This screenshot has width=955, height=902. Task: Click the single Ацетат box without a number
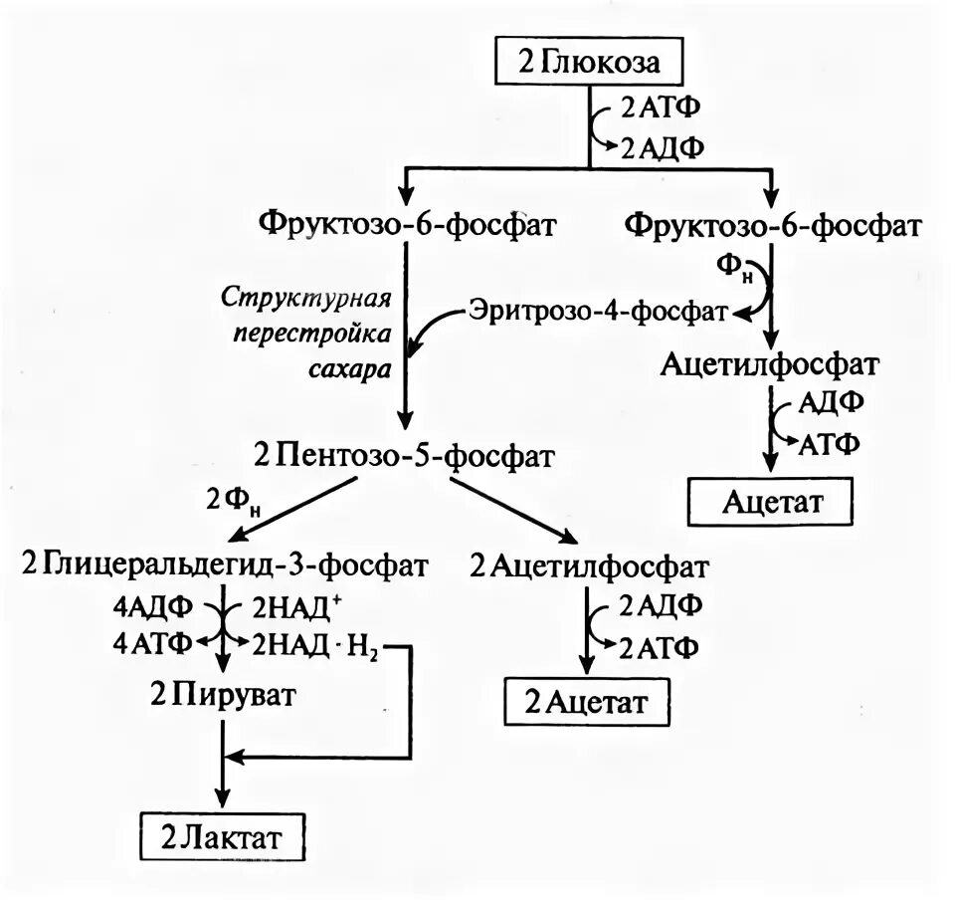(771, 500)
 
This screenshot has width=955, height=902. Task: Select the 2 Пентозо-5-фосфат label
(404, 457)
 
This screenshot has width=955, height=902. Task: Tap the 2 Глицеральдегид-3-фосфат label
(225, 566)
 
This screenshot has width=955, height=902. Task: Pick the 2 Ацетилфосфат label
(590, 566)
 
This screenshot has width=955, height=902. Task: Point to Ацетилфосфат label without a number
(771, 363)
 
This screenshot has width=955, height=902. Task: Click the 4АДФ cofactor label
(152, 605)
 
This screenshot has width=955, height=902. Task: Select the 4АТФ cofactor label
(152, 645)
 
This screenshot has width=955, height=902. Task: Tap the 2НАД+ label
(299, 605)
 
